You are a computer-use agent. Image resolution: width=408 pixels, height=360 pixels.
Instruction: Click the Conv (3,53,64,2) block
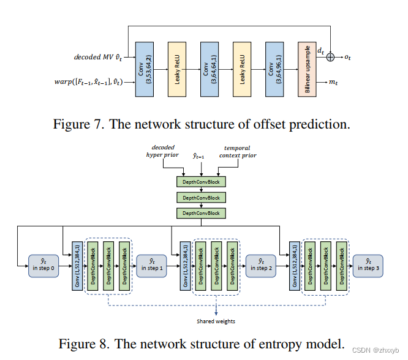143,69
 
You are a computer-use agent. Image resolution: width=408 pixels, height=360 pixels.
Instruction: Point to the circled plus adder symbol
331,56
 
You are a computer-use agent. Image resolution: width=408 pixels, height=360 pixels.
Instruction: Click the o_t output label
347,57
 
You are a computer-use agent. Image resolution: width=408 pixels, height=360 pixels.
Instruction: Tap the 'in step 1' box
151,264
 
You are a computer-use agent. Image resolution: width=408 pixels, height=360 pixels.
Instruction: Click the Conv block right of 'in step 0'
77,265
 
